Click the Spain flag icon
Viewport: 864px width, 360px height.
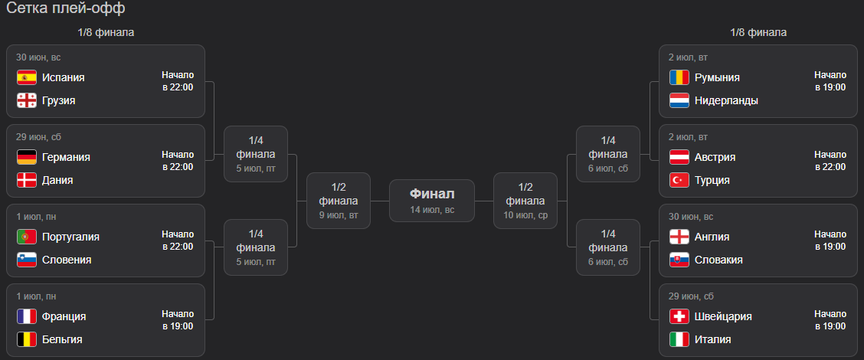pyautogui.click(x=27, y=77)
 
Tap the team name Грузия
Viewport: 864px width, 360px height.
pyautogui.click(x=59, y=101)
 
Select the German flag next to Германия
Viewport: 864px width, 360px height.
pyautogui.click(x=27, y=157)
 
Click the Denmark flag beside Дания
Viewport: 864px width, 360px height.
pyautogui.click(x=27, y=180)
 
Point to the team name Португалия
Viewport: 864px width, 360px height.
pyautogui.click(x=71, y=237)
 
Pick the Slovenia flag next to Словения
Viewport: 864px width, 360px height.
pyautogui.click(x=27, y=260)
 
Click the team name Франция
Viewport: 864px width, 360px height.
pyautogui.click(x=64, y=316)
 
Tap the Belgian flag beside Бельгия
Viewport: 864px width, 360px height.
pyautogui.click(x=27, y=339)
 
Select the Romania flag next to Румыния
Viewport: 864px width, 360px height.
pyautogui.click(x=679, y=77)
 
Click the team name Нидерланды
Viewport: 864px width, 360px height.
pyautogui.click(x=726, y=101)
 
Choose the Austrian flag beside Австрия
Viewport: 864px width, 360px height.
pyautogui.click(x=679, y=157)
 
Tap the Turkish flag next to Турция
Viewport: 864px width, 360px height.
pyautogui.click(x=679, y=180)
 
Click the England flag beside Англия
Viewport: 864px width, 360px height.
pyautogui.click(x=679, y=237)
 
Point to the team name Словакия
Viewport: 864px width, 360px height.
pyautogui.click(x=718, y=260)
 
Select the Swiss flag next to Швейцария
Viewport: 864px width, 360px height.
pyautogui.click(x=679, y=316)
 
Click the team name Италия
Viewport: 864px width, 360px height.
pyautogui.click(x=713, y=339)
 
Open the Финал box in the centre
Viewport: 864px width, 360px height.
pyautogui.click(x=432, y=201)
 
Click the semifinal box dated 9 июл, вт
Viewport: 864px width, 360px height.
pyautogui.click(x=339, y=201)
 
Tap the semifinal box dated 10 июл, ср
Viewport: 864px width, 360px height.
pyautogui.click(x=525, y=201)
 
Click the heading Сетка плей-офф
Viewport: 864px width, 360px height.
pyautogui.click(x=66, y=9)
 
